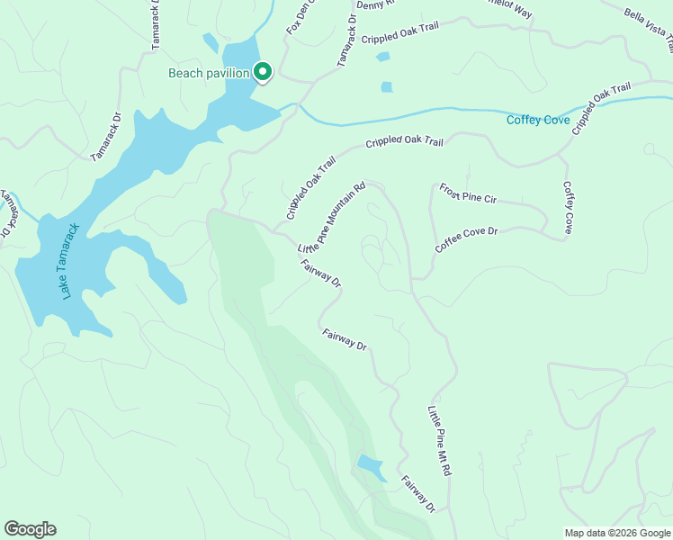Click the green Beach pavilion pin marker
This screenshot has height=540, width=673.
coord(263,71)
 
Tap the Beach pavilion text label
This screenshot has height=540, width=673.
coord(208,74)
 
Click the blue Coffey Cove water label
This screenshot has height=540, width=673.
coord(537,120)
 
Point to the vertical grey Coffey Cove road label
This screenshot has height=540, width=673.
coord(568,208)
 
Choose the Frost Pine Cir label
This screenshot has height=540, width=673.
coord(468,193)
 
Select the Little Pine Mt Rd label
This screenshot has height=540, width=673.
coord(439,440)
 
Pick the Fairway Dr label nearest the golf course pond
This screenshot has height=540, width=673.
coord(418,494)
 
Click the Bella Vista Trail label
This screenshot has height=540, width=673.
coord(649,27)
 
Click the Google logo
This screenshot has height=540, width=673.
coord(30,529)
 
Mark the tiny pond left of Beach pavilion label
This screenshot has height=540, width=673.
coord(211,42)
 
